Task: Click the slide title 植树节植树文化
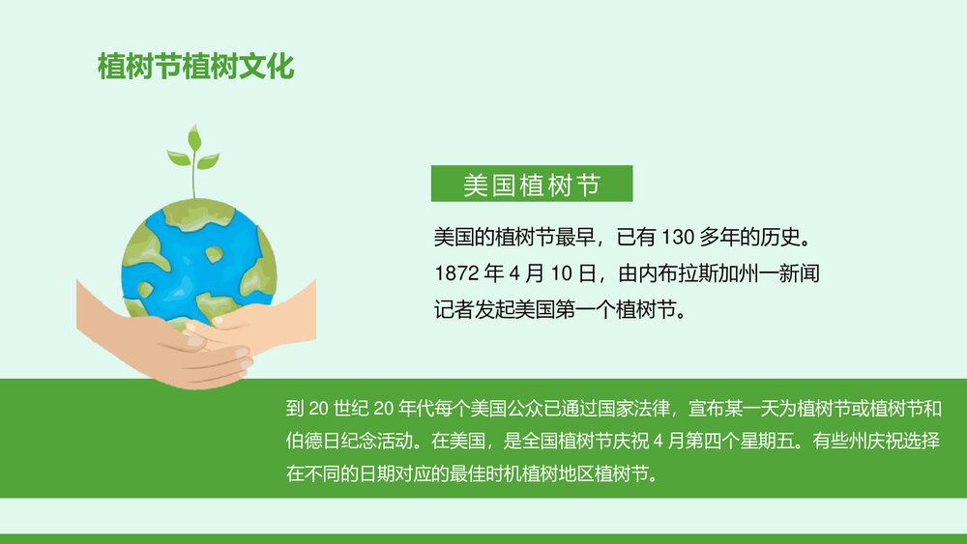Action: (x=195, y=68)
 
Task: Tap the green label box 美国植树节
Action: (x=531, y=184)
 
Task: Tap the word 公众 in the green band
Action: (x=525, y=409)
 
